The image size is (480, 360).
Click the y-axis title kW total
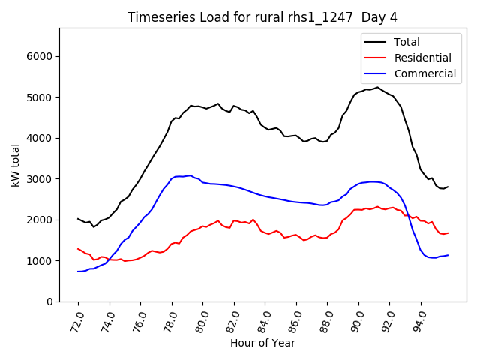tap(16, 165)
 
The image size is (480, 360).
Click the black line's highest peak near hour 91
tap(378, 87)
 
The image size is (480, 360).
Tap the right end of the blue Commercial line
tap(448, 255)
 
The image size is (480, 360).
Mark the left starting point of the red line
tap(78, 248)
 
